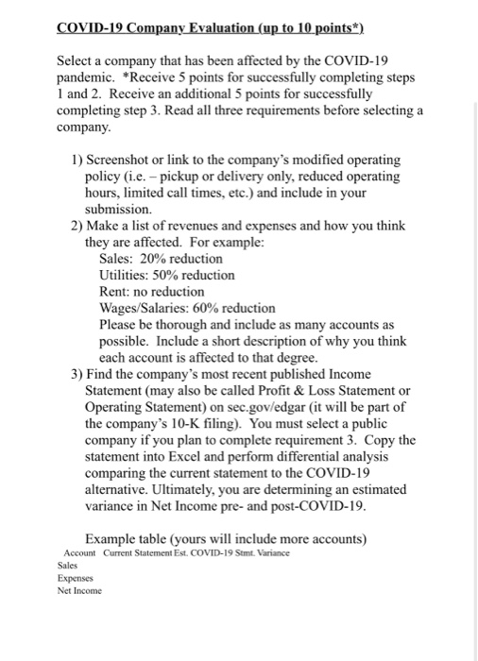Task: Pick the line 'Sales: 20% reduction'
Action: click(x=161, y=258)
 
